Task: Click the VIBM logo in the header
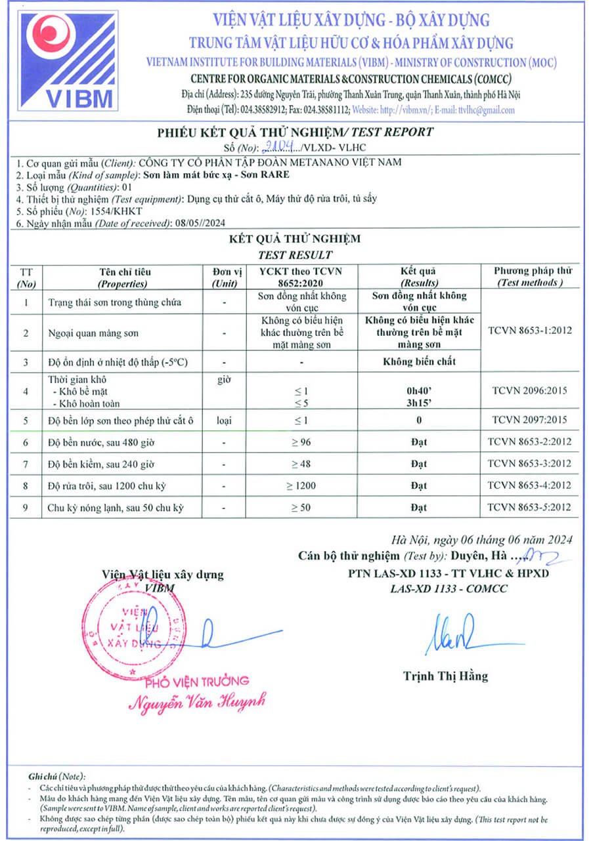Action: pyautogui.click(x=69, y=60)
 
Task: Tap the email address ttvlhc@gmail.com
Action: pyautogui.click(x=483, y=110)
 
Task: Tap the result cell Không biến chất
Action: pyautogui.click(x=418, y=361)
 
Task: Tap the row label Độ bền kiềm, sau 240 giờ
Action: pyautogui.click(x=101, y=464)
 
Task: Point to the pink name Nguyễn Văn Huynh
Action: pyautogui.click(x=196, y=702)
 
